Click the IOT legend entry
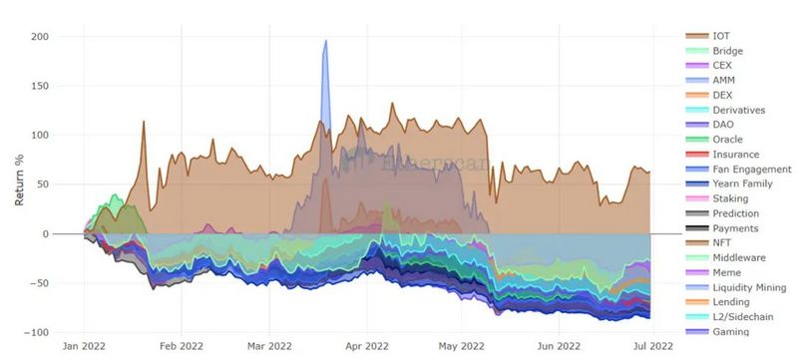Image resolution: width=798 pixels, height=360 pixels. pyautogui.click(x=721, y=36)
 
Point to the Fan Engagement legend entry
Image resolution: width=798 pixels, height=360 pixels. pyautogui.click(x=750, y=170)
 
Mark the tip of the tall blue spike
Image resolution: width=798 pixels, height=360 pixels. pyautogui.click(x=325, y=41)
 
